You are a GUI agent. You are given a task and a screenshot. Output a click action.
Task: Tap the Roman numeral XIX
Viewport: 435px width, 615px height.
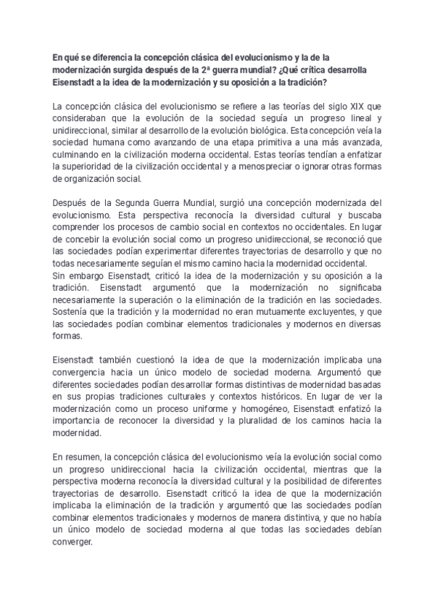pos(352,106)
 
